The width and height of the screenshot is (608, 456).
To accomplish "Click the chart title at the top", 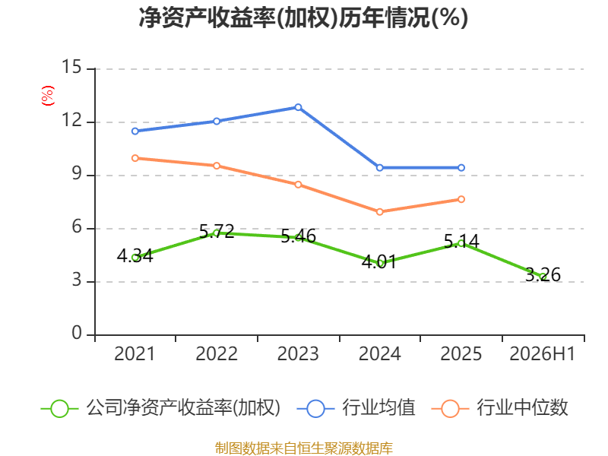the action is click(303, 17).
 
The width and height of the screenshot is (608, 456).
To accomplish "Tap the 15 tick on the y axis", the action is click(72, 67).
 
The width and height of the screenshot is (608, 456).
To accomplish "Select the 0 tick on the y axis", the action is click(77, 333).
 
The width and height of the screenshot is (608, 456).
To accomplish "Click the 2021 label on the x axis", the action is click(135, 353).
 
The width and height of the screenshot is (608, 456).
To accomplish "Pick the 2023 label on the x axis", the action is click(298, 353).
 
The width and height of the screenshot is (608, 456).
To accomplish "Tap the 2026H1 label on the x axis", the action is click(543, 353).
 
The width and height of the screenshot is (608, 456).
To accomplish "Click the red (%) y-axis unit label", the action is click(48, 96).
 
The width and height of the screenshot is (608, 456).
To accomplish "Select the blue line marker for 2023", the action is click(298, 107).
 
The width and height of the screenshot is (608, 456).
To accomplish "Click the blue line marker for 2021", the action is click(135, 131).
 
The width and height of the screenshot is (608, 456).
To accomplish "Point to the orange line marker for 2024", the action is click(379, 212).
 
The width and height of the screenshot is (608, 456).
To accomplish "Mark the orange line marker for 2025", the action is click(461, 199).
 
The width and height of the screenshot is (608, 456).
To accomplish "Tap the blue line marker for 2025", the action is click(461, 168).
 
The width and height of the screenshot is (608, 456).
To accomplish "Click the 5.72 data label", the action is click(217, 232).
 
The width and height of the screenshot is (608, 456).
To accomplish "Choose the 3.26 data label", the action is click(543, 274).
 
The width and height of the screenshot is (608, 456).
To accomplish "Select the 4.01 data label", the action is click(379, 261).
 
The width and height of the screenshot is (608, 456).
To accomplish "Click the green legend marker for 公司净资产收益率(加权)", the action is click(60, 409).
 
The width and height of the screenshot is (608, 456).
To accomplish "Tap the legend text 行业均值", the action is click(378, 407).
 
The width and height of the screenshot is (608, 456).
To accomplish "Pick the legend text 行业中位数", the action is click(522, 407).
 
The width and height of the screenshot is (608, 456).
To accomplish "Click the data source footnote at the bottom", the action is click(303, 448).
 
